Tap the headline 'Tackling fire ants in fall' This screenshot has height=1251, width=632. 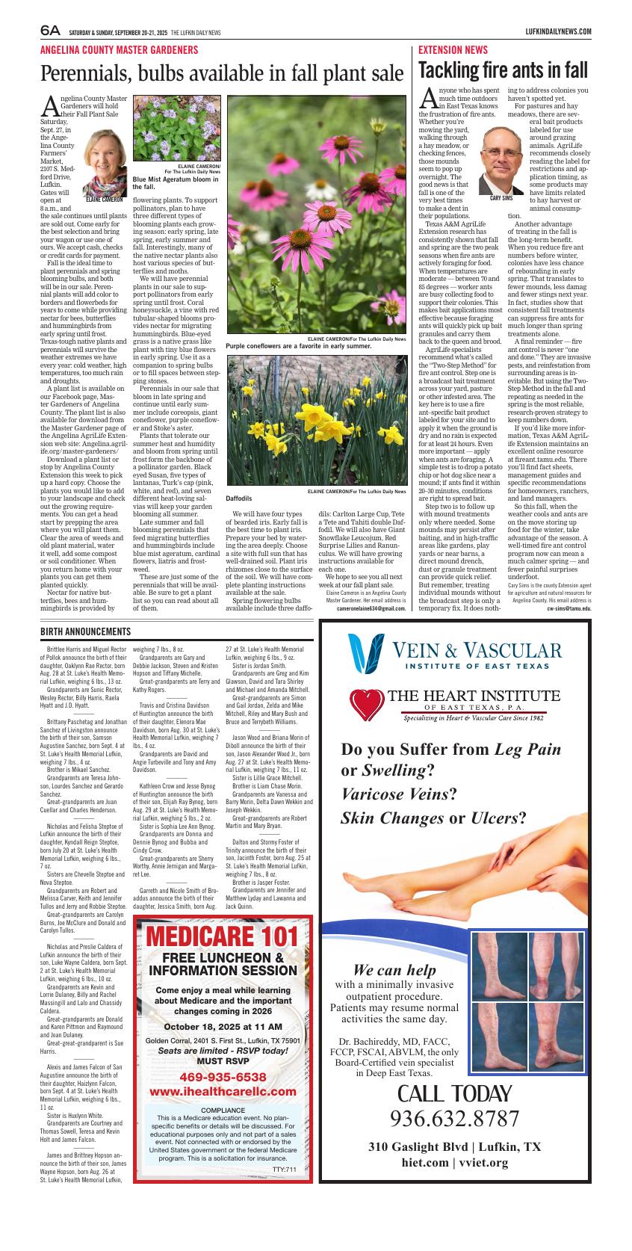pos(503,70)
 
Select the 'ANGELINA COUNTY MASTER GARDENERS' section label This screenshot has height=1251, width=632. pos(119,50)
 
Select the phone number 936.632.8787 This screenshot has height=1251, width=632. pos(454,1119)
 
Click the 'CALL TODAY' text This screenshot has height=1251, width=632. pos(454,1094)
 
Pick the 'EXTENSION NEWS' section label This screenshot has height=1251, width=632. pos(453,50)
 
